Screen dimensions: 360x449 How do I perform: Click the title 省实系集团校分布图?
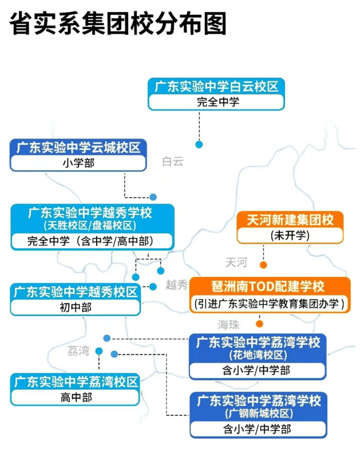pyautogui.click(x=118, y=24)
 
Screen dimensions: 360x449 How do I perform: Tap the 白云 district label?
pyautogui.click(x=173, y=161)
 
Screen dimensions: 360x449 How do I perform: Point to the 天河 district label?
pyautogui.click(x=236, y=263)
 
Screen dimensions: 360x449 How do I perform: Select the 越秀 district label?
pyautogui.click(x=176, y=285)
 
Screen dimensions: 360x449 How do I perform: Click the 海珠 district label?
pyautogui.click(x=228, y=325)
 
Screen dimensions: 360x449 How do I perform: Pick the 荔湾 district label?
pyautogui.click(x=78, y=351)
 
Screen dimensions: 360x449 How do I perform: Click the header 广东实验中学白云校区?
pyautogui.click(x=216, y=87)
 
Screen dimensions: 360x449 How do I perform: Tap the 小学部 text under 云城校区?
pyautogui.click(x=78, y=163)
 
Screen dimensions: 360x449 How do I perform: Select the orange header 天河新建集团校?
pyautogui.click(x=290, y=220)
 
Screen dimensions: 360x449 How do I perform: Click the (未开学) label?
pyautogui.click(x=290, y=236)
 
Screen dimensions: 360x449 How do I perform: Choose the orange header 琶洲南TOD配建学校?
pyautogui.click(x=268, y=287)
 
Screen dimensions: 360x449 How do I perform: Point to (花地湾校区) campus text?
pyautogui.click(x=258, y=355)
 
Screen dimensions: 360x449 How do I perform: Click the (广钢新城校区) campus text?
pyautogui.click(x=259, y=414)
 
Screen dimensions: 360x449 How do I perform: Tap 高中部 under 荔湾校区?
pyautogui.click(x=76, y=398)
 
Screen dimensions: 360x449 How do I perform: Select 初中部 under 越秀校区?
pyautogui.click(x=76, y=308)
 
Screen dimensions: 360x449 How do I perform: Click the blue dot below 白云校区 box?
pyautogui.click(x=199, y=144)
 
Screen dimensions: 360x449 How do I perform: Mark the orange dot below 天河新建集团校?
pyautogui.click(x=263, y=265)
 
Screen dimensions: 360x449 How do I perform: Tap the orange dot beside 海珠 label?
pyautogui.click(x=259, y=324)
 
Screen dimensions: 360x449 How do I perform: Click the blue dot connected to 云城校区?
pyautogui.click(x=153, y=197)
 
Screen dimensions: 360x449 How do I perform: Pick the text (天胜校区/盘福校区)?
pyautogui.click(x=90, y=225)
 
